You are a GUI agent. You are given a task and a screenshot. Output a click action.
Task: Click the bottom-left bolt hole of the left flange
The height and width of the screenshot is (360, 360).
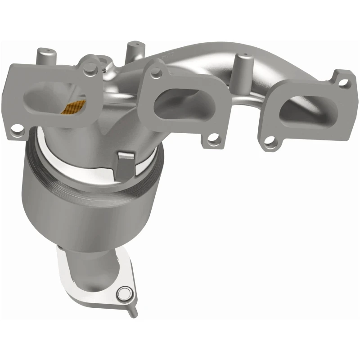(17, 131)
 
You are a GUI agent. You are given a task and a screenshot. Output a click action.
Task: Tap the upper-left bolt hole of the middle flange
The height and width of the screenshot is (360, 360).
(156, 71)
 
